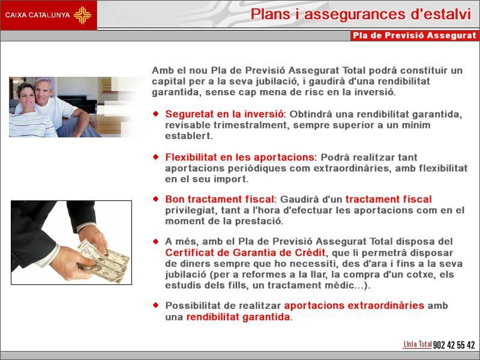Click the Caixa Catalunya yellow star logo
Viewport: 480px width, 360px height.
[x=82, y=15]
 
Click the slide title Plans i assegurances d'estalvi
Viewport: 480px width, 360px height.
[x=361, y=14]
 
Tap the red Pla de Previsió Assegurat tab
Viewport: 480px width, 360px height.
[x=415, y=35]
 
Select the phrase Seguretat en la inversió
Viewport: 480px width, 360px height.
[x=224, y=114]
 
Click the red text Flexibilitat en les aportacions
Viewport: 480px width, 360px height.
[x=241, y=157]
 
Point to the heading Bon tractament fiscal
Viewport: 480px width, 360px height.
[x=220, y=199]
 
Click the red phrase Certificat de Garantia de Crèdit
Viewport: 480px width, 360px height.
[x=245, y=253]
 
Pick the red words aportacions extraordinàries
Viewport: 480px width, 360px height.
[x=354, y=305]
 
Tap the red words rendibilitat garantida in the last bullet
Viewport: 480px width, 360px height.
[x=238, y=317]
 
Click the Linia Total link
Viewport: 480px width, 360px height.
[x=417, y=344]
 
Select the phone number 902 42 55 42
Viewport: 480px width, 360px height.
[x=454, y=345]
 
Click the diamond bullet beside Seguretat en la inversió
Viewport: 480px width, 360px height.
[x=156, y=113]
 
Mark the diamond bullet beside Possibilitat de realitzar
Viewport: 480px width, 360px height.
[x=156, y=305]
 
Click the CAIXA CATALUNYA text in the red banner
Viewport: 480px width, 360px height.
[x=38, y=15]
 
